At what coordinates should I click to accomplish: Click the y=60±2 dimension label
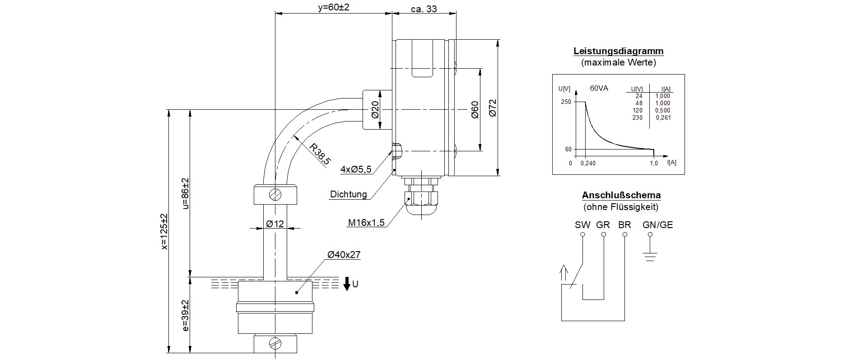334,8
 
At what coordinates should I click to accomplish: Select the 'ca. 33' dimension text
424,9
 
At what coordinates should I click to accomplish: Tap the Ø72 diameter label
492,108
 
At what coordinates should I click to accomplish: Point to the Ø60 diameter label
475,109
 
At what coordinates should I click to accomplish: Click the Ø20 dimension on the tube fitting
375,110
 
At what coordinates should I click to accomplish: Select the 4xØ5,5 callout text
356,170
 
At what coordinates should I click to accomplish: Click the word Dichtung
348,195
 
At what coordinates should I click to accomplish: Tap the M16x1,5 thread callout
366,223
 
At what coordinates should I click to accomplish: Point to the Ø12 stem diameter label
275,224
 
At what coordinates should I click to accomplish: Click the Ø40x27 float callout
344,255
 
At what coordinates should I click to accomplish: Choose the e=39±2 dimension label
186,315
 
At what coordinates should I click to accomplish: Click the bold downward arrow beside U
347,284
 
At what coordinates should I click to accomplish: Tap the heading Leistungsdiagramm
619,51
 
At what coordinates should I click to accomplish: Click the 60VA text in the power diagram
599,88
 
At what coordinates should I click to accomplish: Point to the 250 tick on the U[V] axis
566,102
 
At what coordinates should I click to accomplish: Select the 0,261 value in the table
663,118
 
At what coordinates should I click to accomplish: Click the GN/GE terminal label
657,225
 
